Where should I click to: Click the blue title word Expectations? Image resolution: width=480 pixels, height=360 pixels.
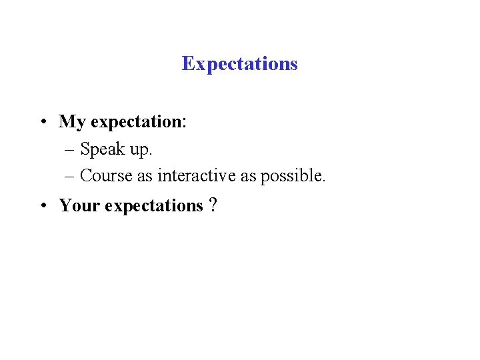click(239, 64)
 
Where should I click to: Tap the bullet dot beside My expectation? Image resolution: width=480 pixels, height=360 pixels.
click(42, 122)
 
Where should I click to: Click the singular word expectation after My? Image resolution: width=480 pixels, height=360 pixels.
click(136, 123)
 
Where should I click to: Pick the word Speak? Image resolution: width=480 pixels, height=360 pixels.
click(103, 149)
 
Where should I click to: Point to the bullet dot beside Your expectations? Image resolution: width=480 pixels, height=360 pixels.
click(42, 206)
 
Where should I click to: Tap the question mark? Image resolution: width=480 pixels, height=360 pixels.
click(212, 206)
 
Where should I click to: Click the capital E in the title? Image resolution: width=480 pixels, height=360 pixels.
click(187, 64)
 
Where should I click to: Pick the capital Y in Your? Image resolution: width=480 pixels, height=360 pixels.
click(65, 206)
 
